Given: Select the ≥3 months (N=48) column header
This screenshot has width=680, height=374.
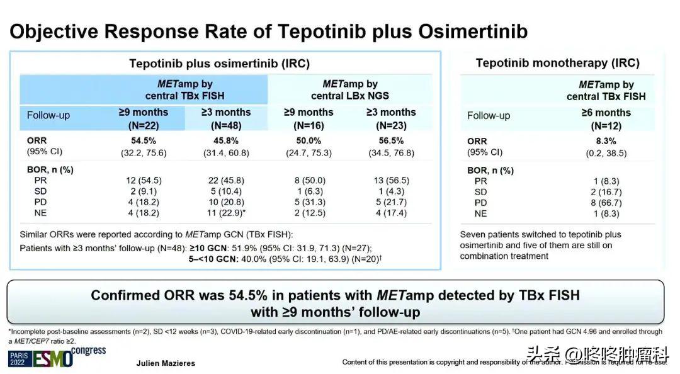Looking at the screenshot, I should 225,118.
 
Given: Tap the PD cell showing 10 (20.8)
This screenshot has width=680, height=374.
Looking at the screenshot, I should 225,203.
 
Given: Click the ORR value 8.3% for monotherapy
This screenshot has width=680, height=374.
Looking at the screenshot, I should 605,141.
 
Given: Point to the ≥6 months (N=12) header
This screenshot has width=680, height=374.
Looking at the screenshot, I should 605,118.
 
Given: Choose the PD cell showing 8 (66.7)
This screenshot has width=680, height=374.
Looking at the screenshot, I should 605,203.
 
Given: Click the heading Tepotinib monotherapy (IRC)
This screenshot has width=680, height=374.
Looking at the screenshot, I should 557,63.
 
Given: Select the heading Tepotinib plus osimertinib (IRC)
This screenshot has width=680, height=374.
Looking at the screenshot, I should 219,64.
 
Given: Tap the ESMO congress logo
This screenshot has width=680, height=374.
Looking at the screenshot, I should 57,357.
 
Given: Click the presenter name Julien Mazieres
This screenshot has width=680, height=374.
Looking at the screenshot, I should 166,363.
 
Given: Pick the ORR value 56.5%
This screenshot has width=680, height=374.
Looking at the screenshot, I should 390,140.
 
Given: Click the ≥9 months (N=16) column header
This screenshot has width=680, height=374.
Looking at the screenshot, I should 309,118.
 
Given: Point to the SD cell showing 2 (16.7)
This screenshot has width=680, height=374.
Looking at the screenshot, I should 605,191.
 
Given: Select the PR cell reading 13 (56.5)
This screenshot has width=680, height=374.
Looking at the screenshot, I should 390,180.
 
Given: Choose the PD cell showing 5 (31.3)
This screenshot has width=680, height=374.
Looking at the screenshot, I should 309,203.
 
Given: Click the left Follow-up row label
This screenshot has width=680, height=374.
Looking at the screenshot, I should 48,116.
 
